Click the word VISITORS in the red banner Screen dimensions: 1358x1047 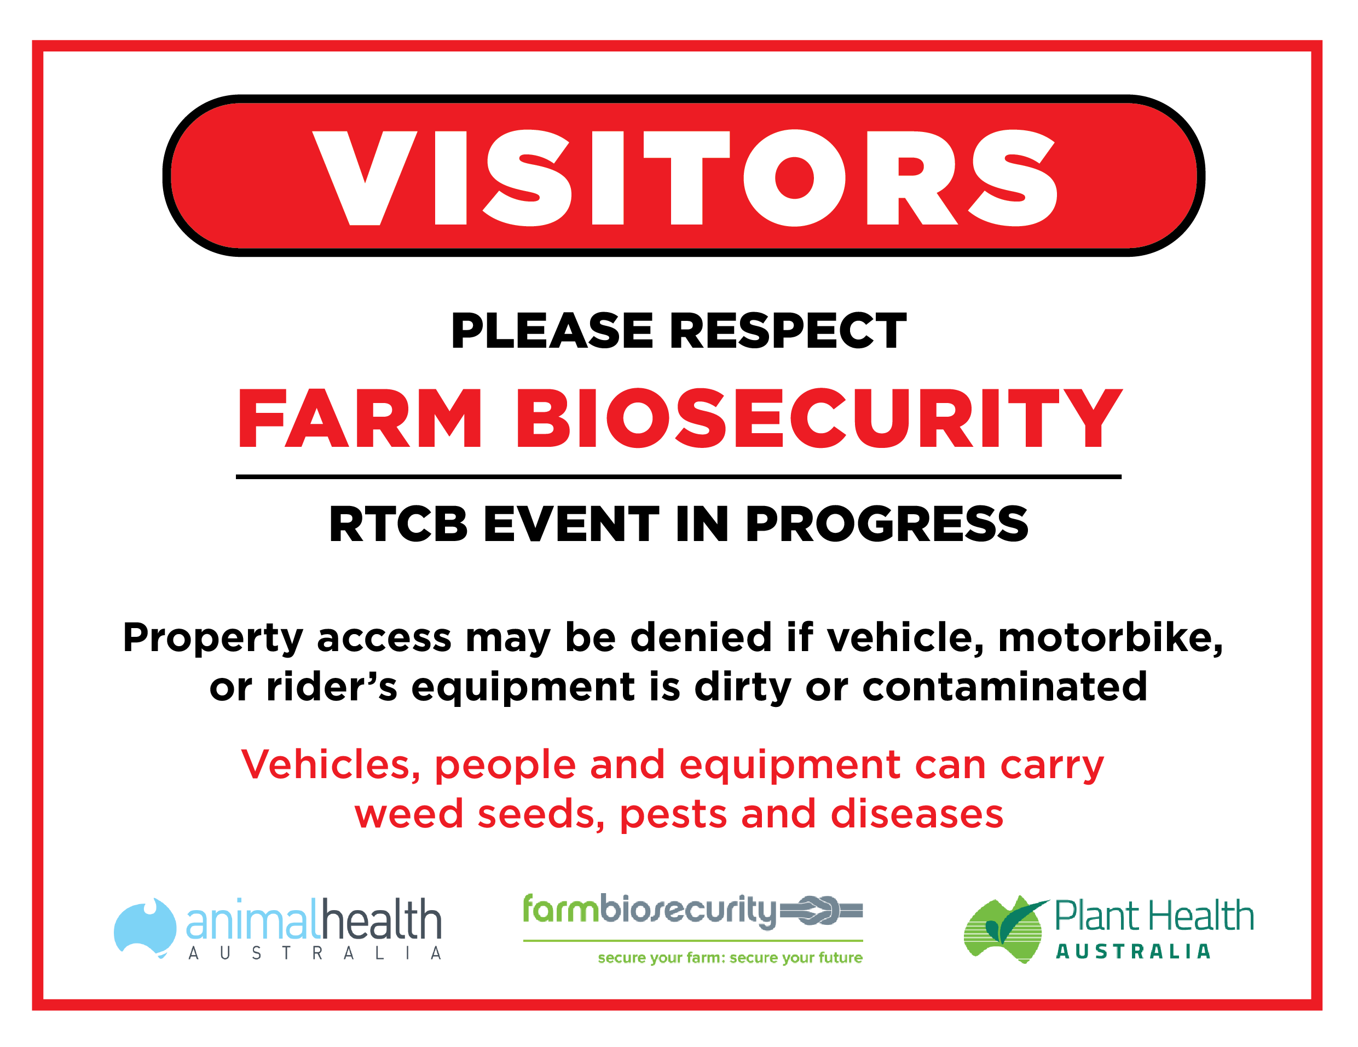tap(684, 177)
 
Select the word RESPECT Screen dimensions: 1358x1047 tap(788, 330)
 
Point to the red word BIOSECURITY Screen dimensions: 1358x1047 tap(819, 417)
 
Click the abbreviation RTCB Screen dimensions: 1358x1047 tap(398, 524)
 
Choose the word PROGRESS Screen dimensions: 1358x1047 tap(887, 524)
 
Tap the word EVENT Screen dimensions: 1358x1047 tap(571, 524)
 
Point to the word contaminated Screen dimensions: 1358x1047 tap(1005, 687)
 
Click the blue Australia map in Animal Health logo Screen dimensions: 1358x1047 tap(145, 928)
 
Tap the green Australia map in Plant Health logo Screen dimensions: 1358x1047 tap(1002, 929)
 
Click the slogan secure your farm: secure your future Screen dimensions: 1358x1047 tap(730, 958)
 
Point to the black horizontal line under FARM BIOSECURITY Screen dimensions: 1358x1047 tap(678, 477)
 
